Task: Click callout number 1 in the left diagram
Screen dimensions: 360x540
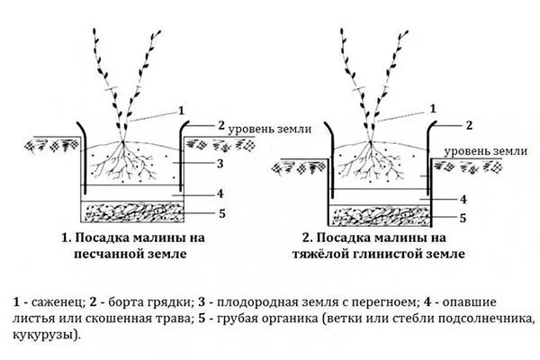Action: (x=183, y=109)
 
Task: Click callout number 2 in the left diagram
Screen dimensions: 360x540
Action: (x=221, y=124)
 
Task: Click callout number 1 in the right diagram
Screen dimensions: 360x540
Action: (x=433, y=107)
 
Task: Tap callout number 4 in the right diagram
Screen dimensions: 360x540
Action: (x=462, y=198)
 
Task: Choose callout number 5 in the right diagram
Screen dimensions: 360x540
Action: (x=462, y=218)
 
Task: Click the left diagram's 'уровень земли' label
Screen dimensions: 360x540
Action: (x=269, y=129)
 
